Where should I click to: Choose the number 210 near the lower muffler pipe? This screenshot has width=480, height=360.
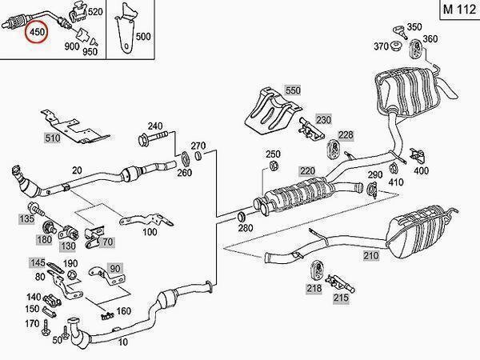pyautogui.click(x=370, y=256)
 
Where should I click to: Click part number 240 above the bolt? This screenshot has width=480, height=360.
pyautogui.click(x=154, y=126)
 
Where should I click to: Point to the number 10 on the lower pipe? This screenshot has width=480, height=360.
pyautogui.click(x=122, y=342)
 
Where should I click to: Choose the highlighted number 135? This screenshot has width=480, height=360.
pyautogui.click(x=26, y=218)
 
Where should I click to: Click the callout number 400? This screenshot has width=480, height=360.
pyautogui.click(x=421, y=170)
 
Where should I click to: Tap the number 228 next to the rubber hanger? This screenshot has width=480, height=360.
pyautogui.click(x=344, y=134)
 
